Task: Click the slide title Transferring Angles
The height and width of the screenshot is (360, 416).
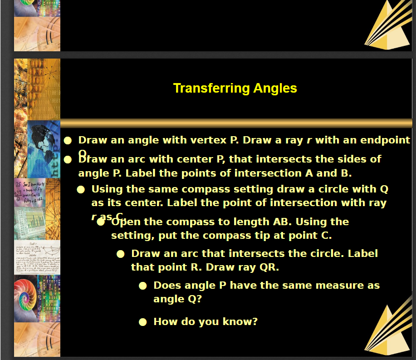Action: click(235, 88)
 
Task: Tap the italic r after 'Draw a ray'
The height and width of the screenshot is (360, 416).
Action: click(309, 140)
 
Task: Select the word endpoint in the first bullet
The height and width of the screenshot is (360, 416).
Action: click(385, 140)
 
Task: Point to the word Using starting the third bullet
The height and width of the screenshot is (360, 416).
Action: click(107, 189)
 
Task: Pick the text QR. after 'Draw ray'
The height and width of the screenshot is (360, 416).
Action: click(269, 267)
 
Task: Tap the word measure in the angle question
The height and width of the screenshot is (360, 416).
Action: click(335, 286)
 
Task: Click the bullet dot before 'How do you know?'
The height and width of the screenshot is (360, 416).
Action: click(142, 322)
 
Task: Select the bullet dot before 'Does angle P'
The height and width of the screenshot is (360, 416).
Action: click(142, 286)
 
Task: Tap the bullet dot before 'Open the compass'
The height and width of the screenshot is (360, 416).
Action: click(101, 222)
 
